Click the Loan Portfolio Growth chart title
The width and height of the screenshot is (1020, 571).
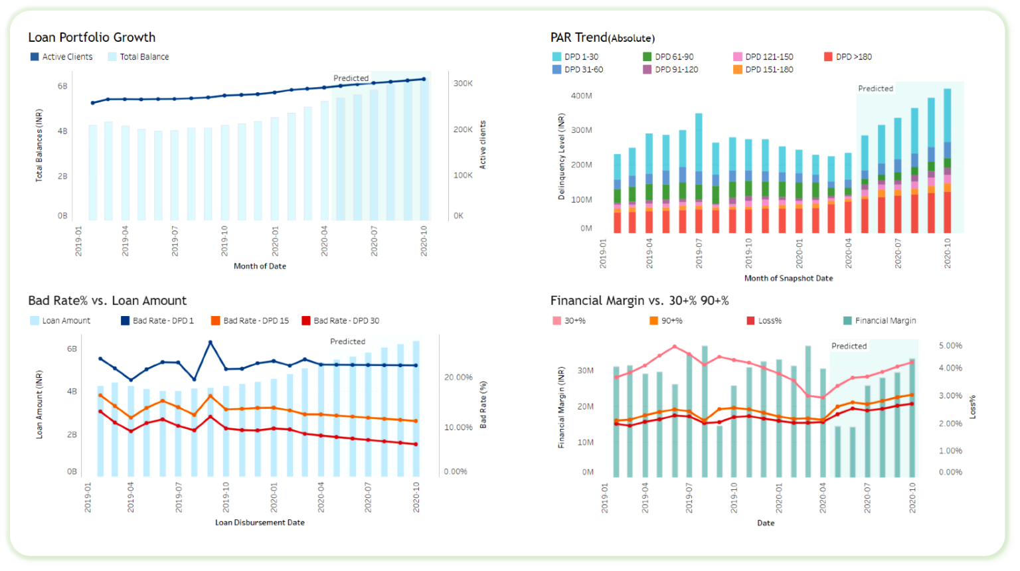[x=92, y=38]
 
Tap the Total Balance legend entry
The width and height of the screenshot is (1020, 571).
[x=139, y=57]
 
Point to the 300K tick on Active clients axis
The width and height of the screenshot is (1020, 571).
[x=463, y=84]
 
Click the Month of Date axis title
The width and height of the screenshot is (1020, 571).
[x=260, y=266]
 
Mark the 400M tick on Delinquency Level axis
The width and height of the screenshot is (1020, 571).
[x=581, y=96]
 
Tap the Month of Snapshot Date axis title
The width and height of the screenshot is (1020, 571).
[x=788, y=278]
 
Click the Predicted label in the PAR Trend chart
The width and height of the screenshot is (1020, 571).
[x=875, y=88]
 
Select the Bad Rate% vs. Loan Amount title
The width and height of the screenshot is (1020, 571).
[x=107, y=301]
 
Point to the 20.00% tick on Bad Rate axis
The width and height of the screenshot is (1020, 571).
[x=458, y=377]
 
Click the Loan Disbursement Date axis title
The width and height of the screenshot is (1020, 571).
[x=260, y=523]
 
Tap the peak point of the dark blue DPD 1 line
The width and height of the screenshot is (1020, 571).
[x=210, y=343]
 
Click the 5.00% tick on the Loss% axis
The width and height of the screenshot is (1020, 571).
[x=950, y=346]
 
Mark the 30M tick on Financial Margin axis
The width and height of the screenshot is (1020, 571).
[x=585, y=370]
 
